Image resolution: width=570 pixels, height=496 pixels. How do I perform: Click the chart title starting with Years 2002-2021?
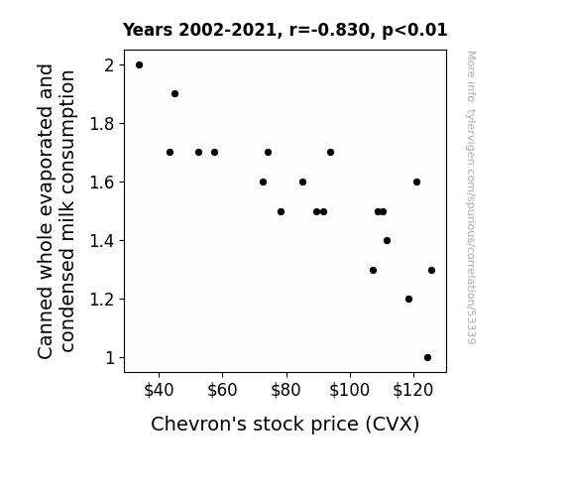point(285,30)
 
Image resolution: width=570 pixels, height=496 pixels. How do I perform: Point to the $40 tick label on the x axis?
point(159,390)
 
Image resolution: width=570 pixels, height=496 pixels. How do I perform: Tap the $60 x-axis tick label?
point(222,390)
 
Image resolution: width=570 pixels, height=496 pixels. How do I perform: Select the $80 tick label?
point(286,390)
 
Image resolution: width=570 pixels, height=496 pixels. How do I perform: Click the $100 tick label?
point(349,390)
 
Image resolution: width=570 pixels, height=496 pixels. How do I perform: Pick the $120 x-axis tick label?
point(413,390)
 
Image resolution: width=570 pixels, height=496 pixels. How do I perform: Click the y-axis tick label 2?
point(109,65)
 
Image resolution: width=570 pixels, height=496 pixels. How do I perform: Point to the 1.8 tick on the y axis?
point(102,124)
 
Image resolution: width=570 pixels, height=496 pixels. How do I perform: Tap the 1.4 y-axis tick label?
point(102,241)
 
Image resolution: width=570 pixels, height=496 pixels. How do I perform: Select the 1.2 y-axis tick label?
point(102,300)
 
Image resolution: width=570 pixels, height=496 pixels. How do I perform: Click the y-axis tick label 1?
point(110,358)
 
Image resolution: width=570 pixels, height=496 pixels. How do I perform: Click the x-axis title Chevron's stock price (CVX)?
point(285,425)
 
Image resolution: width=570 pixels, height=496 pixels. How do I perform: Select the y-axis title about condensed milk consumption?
point(56,211)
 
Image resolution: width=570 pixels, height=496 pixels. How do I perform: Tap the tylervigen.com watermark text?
point(471,197)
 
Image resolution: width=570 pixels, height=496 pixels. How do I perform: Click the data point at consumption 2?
point(139,65)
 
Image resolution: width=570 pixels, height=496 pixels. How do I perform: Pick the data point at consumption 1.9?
point(174,94)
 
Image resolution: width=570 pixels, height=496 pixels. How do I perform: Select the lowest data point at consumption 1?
point(427,358)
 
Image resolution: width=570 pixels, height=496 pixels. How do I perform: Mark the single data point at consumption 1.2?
point(408,300)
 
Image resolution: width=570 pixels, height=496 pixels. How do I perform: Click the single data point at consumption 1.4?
point(387,240)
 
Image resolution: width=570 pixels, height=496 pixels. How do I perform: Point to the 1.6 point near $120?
point(416,182)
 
